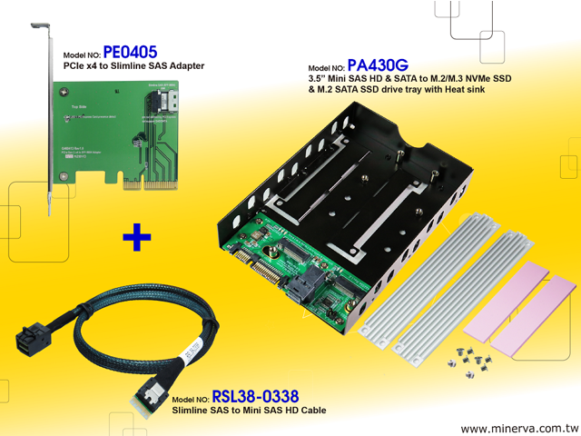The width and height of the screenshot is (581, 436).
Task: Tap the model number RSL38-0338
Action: pos(255,397)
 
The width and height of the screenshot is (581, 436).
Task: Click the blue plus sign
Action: pos(136,238)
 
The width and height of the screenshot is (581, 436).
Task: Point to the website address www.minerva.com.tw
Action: pos(518,428)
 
